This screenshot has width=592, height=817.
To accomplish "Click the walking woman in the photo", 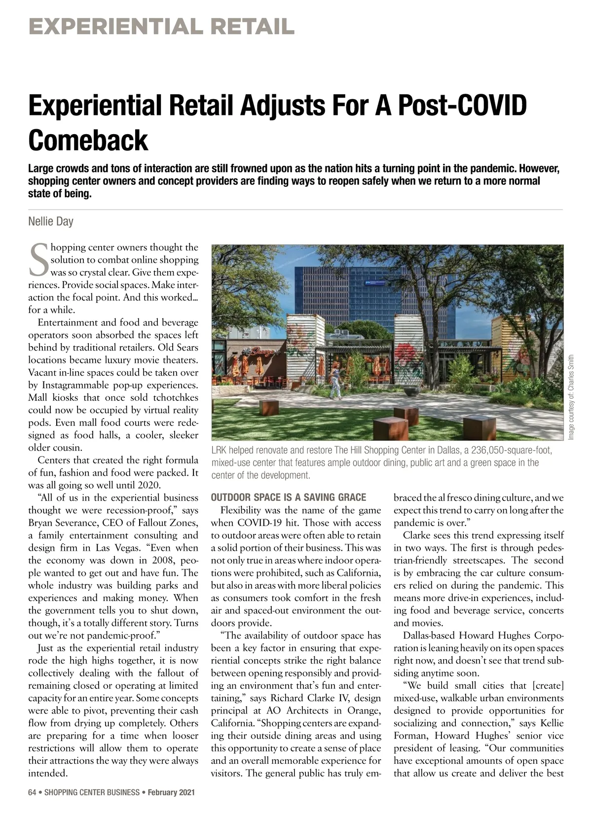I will tap(336, 380).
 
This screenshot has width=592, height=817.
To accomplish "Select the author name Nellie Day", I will tap(51, 222).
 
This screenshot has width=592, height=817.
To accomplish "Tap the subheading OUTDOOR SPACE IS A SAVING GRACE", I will tap(289, 497).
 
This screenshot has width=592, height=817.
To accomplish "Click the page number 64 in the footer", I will tap(33, 792).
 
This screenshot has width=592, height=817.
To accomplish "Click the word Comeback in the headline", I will tap(88, 140).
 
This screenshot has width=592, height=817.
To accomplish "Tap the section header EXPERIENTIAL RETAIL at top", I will tap(161, 26).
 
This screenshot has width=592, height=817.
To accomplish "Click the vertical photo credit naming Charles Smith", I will tap(571, 397).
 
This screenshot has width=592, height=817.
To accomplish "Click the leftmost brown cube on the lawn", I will tap(269, 407).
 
